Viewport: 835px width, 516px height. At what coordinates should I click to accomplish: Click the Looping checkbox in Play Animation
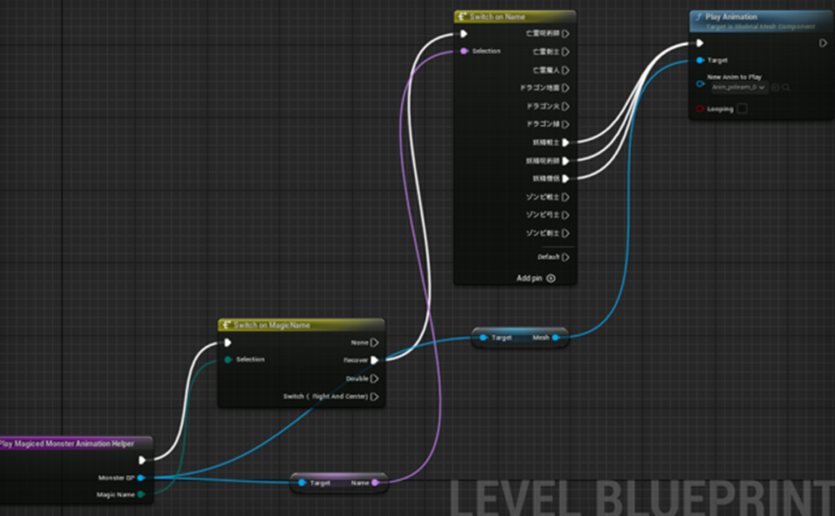(x=742, y=109)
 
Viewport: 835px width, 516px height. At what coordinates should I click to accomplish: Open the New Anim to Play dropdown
(x=737, y=87)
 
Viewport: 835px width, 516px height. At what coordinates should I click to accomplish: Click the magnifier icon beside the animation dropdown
(x=786, y=87)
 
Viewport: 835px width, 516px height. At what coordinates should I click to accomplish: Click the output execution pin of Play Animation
(x=823, y=43)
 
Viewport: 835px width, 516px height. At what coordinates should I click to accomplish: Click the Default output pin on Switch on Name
(x=565, y=258)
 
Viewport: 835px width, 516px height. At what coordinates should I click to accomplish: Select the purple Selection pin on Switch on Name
(x=463, y=52)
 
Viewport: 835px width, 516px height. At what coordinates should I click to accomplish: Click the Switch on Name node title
(x=497, y=17)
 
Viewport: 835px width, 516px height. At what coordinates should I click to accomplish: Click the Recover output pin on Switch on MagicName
(x=374, y=360)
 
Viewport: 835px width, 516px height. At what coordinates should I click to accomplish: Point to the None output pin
(x=374, y=342)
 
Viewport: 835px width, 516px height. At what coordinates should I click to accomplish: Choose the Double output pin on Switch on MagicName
(x=374, y=378)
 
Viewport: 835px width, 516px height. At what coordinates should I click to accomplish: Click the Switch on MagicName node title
(x=272, y=325)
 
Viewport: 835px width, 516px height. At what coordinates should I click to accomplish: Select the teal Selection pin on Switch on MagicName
(x=227, y=360)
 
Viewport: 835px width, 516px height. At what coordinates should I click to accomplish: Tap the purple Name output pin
(x=375, y=483)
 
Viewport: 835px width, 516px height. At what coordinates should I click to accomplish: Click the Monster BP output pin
(x=141, y=478)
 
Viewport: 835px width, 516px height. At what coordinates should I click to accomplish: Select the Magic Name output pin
(x=141, y=494)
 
